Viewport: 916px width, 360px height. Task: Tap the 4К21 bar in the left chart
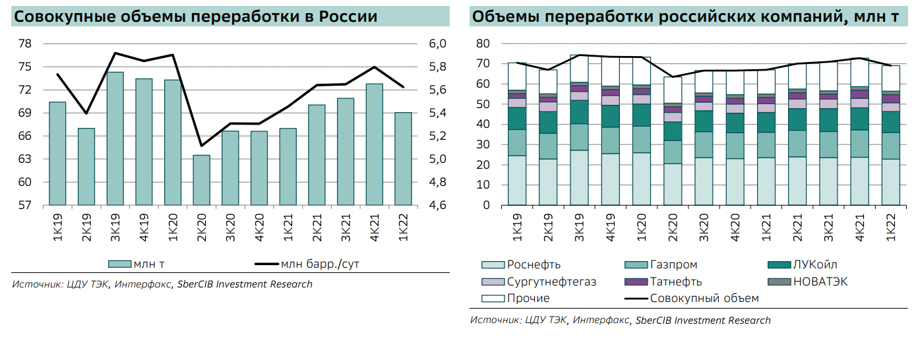tap(374, 144)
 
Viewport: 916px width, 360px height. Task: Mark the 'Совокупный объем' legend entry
tap(704, 298)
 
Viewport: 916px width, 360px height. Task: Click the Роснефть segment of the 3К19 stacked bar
tap(579, 177)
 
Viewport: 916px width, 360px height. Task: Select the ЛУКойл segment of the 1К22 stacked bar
tap(890, 122)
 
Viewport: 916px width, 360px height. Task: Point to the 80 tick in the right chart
tap(483, 44)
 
